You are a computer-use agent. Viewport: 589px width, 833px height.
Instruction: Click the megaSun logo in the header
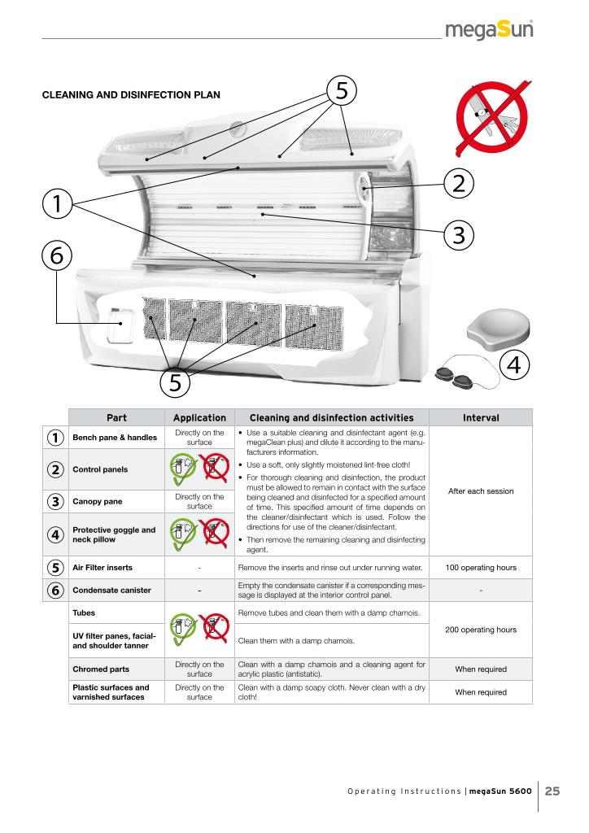(x=489, y=29)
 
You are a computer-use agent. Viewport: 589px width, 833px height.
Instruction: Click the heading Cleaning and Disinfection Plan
(x=131, y=95)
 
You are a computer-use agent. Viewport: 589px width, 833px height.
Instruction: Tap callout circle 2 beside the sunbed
(x=458, y=183)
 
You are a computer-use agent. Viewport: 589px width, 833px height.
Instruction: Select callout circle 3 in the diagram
(x=458, y=235)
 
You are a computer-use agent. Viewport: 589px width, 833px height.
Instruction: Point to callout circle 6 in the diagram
(x=57, y=255)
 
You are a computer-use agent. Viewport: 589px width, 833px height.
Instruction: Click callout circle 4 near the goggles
(x=514, y=365)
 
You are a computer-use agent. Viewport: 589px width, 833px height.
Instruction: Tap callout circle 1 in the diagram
(x=57, y=203)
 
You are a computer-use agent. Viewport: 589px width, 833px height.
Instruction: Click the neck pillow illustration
(x=498, y=330)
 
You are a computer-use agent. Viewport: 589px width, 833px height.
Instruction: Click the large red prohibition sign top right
(x=492, y=118)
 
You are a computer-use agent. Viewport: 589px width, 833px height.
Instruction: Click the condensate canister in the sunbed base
(x=121, y=325)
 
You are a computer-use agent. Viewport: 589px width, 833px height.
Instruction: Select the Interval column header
(x=481, y=417)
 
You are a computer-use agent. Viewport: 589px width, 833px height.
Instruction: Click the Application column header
(x=199, y=417)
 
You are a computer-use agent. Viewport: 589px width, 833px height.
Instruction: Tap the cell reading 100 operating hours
(x=481, y=567)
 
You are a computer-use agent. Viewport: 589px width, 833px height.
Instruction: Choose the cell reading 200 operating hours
(x=481, y=630)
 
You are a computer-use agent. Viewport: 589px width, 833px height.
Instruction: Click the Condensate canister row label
(x=111, y=591)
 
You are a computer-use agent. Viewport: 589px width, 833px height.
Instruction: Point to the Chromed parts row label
(x=101, y=669)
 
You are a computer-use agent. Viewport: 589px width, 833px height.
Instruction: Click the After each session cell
(x=481, y=491)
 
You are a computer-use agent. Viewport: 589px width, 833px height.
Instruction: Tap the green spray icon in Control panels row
(x=183, y=468)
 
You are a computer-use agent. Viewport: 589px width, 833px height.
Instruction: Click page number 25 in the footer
(x=552, y=791)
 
